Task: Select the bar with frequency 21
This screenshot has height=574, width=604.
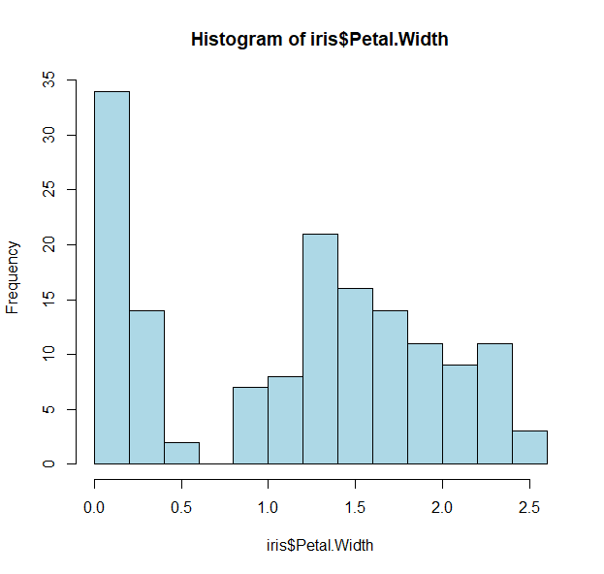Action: coord(320,349)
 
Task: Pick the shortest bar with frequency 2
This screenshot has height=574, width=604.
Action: coord(181,453)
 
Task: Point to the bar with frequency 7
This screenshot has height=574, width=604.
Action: coord(250,426)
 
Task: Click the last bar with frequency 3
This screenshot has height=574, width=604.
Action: coord(529,447)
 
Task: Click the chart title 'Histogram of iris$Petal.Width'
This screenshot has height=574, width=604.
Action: coord(320,40)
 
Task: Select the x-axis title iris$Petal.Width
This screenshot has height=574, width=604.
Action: coord(319,545)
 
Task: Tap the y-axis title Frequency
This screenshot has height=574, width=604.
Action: coord(13,277)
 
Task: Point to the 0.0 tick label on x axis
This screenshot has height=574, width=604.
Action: coord(94,507)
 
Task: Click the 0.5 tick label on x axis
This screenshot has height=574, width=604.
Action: coord(181,507)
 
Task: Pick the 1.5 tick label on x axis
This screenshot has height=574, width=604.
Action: coord(355,507)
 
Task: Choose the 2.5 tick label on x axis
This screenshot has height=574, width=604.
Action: coord(529,507)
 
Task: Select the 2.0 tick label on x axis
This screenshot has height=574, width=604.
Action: coord(442,507)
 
